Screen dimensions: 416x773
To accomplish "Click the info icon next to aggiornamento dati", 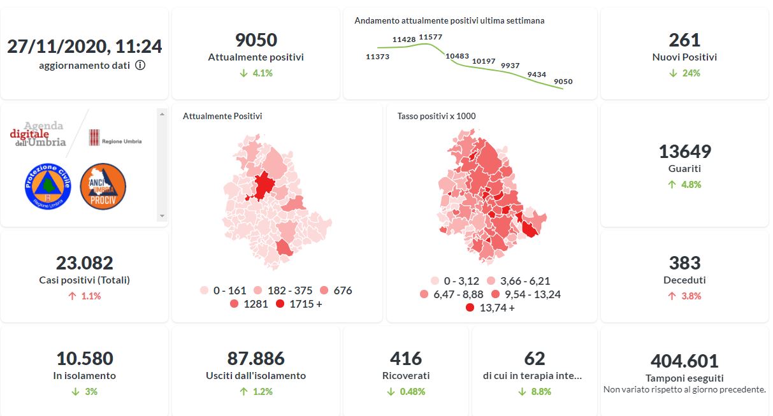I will pyautogui.click(x=140, y=65).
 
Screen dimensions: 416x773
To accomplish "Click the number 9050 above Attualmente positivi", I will pyautogui.click(x=256, y=40).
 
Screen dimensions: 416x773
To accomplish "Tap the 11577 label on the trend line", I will pyautogui.click(x=431, y=38).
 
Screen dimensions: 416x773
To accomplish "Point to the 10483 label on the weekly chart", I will pyautogui.click(x=458, y=56).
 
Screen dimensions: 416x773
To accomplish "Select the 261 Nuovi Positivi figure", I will pyautogui.click(x=684, y=40).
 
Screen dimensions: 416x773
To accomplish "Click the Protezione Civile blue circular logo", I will pyautogui.click(x=48, y=185).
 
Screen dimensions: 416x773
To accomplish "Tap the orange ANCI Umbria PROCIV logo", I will pyautogui.click(x=103, y=185).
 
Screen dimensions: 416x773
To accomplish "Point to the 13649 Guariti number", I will pyautogui.click(x=684, y=152).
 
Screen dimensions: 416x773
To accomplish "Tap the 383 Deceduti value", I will pyautogui.click(x=684, y=262).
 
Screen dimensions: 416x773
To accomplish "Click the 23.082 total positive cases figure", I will pyautogui.click(x=84, y=262).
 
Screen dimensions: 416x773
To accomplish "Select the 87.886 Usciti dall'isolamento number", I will pyautogui.click(x=256, y=358).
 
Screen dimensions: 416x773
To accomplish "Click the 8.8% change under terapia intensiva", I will pyautogui.click(x=540, y=392).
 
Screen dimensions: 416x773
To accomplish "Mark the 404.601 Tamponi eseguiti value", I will pyautogui.click(x=684, y=361).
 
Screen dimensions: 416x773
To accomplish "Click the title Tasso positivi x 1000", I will pyautogui.click(x=436, y=116).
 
